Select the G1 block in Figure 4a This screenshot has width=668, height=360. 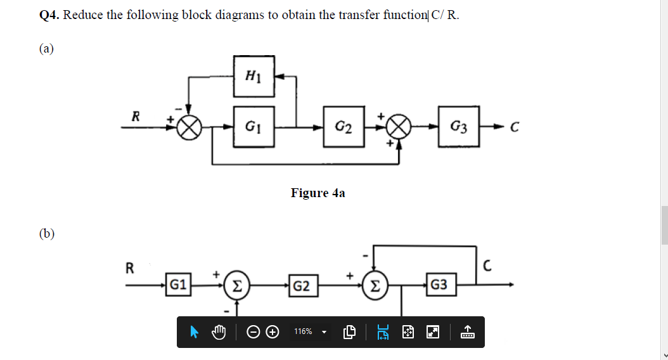coord(254,127)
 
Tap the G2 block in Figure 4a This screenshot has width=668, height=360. coord(344,127)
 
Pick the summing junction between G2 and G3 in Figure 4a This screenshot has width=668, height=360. coord(398,128)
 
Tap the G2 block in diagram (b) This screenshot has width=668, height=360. coord(302,285)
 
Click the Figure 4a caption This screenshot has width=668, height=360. coord(318,193)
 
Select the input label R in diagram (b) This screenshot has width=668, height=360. coord(130,267)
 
